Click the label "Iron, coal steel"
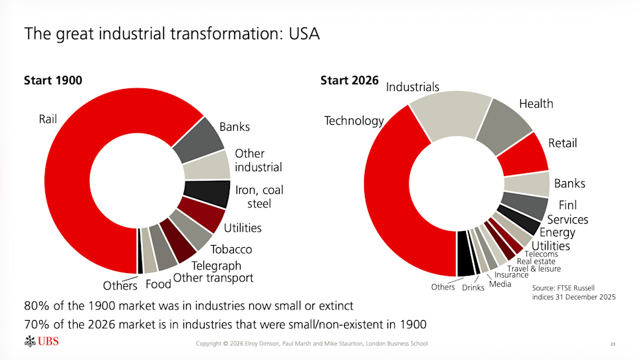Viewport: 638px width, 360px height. (x=259, y=197)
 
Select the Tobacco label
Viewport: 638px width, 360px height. (x=231, y=250)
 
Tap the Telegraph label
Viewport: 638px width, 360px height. (x=216, y=266)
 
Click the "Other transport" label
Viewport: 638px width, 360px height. (x=213, y=278)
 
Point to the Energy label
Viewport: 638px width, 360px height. (x=557, y=232)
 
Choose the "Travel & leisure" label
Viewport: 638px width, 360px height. (x=534, y=268)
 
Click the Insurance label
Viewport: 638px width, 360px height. (x=511, y=275)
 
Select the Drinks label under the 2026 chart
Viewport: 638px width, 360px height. (x=473, y=288)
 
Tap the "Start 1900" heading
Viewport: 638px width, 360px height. (x=53, y=80)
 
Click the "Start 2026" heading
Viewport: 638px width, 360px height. (x=350, y=80)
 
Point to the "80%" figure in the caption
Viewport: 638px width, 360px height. (x=35, y=306)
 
